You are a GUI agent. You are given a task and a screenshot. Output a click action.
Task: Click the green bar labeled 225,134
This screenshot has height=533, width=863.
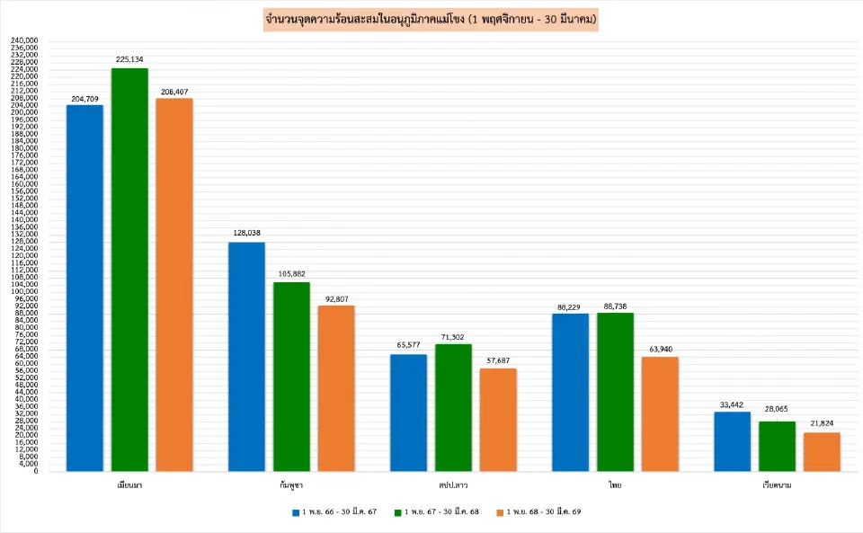(x=129, y=270)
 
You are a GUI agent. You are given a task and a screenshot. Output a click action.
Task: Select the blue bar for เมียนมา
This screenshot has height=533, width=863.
(x=85, y=288)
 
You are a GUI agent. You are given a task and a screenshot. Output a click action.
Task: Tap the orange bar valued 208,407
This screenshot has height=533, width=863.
(x=173, y=284)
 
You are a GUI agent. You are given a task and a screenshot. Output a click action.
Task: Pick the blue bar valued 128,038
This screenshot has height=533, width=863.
(x=246, y=356)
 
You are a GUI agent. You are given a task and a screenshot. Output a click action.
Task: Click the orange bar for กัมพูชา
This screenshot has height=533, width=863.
(x=335, y=388)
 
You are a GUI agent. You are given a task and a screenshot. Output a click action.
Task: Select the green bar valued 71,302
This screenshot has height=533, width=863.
(x=453, y=407)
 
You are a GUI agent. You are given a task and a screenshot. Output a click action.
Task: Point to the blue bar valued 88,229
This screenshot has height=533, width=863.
(x=570, y=392)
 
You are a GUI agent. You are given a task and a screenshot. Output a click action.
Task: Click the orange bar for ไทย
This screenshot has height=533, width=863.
(x=660, y=413)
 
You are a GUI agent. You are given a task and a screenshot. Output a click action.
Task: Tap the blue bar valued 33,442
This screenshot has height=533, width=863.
(x=732, y=441)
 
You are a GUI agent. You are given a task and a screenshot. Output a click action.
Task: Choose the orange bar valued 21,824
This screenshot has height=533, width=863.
(x=822, y=451)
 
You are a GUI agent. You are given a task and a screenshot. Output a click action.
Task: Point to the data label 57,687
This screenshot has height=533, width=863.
(x=498, y=360)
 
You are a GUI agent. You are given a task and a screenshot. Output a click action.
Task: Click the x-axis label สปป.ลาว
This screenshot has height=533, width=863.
(x=452, y=484)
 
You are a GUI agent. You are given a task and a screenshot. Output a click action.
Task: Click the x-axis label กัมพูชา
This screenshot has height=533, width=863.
(x=290, y=484)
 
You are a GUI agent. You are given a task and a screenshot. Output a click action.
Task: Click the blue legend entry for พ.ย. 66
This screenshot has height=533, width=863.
(x=334, y=511)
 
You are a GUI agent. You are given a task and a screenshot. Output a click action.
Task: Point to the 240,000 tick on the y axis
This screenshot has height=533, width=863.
(x=24, y=40)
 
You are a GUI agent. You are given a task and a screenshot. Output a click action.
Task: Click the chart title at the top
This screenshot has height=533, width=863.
(x=431, y=18)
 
